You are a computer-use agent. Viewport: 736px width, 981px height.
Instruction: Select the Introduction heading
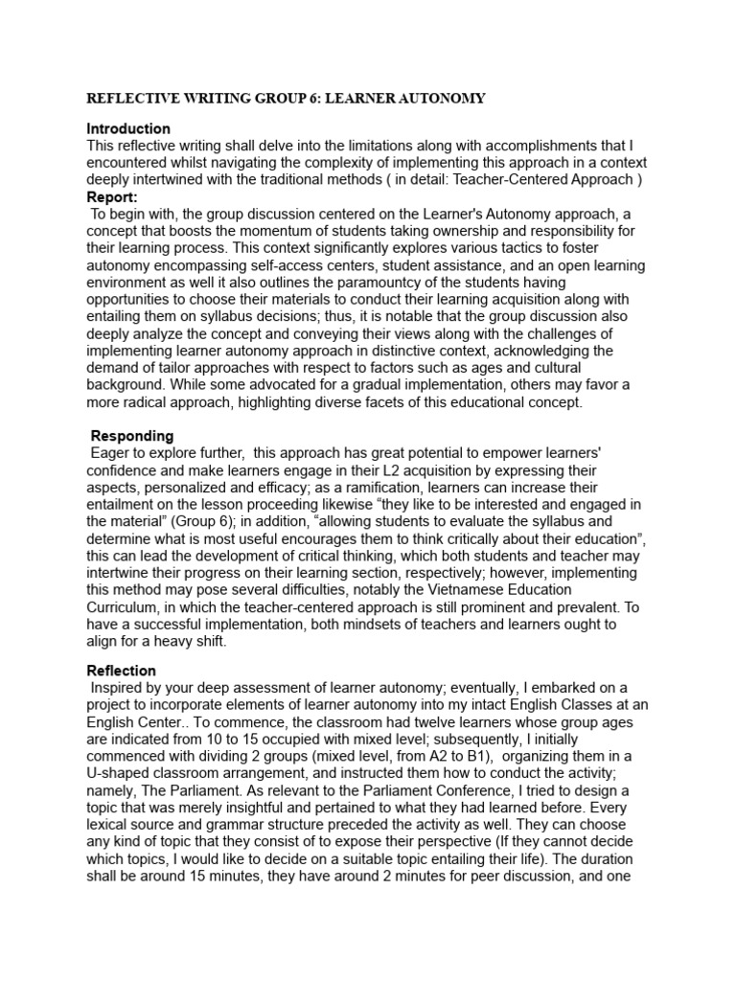coord(128,128)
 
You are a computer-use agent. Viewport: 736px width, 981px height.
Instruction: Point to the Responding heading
coord(132,436)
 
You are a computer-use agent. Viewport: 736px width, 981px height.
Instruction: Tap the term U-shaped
coord(118,803)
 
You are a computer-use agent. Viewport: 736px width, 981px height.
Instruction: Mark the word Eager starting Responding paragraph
coord(110,453)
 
